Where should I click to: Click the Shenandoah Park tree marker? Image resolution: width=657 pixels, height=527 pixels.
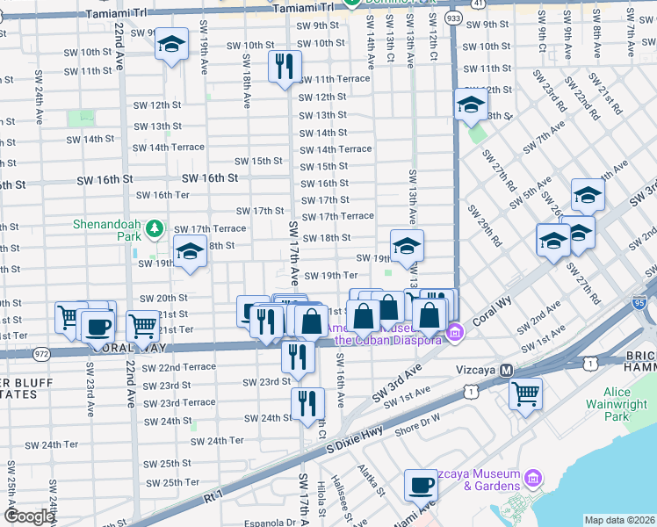tap(155, 229)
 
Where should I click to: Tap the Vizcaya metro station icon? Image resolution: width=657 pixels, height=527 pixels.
tap(506, 372)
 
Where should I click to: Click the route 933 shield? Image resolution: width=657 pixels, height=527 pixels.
tap(453, 18)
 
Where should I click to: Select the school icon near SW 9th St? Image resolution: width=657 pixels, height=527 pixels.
tap(172, 44)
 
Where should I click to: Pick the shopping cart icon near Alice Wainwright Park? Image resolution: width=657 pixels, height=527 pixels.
tap(525, 393)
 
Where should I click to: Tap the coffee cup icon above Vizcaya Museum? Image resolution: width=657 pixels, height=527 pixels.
tap(421, 485)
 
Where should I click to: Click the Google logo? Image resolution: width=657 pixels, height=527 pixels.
tap(29, 516)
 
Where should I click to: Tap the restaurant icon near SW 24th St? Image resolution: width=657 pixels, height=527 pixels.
tap(307, 404)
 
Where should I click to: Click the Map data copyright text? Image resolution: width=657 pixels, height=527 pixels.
tap(618, 520)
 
